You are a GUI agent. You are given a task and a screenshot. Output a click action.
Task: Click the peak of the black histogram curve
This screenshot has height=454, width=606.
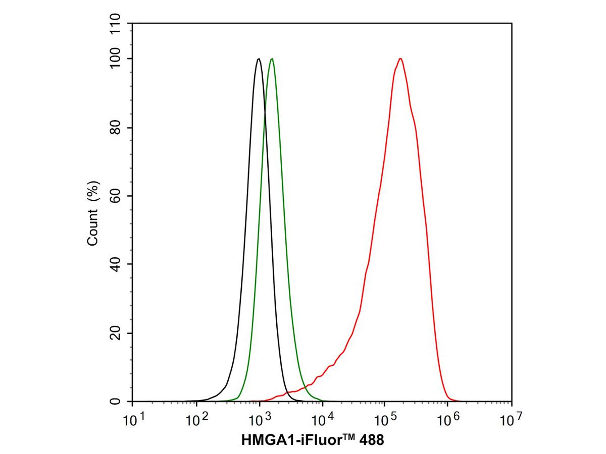tap(259, 59)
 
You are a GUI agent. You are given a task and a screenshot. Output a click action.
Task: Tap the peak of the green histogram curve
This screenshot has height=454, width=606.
tap(272, 59)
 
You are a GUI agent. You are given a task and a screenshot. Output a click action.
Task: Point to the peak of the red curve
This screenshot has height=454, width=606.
tap(400, 59)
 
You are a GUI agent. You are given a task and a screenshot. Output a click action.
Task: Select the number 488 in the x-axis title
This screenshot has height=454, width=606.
tap(372, 440)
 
